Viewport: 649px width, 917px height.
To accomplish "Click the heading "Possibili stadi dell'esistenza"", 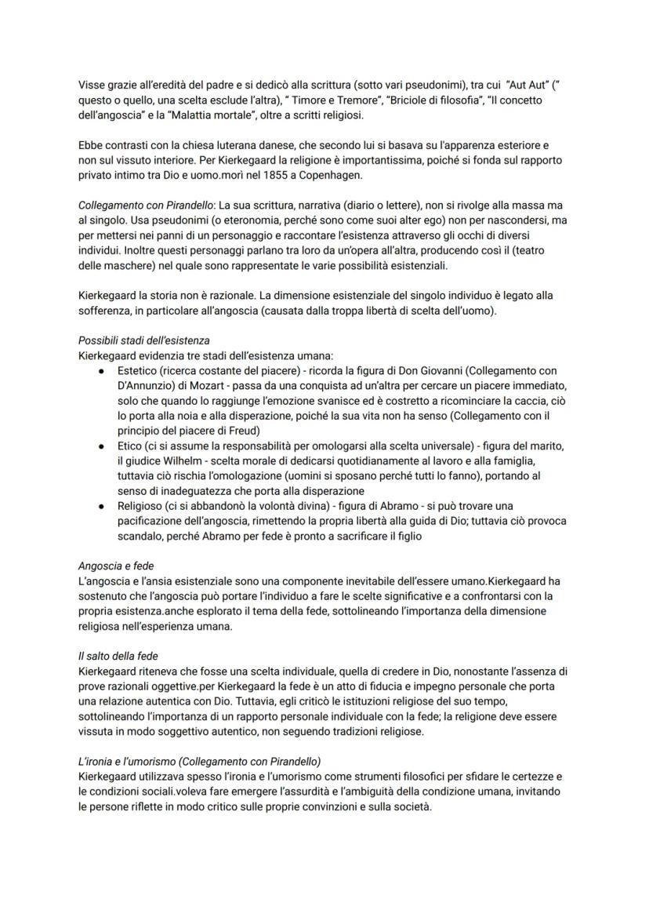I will (143, 342).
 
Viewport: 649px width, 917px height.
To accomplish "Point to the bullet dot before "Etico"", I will (102, 445).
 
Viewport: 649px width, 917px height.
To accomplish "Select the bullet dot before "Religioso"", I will (102, 505).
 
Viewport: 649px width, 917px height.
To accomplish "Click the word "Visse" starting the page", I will (92, 86).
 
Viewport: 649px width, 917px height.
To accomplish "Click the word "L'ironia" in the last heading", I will (97, 761).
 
